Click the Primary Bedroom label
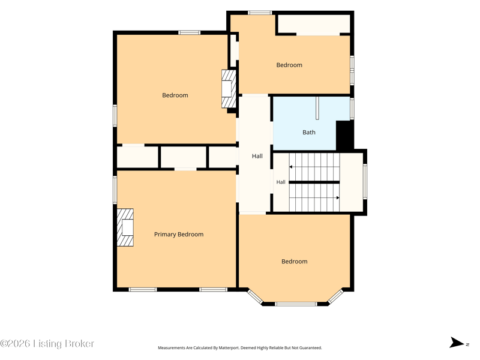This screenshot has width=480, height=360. click(x=179, y=235)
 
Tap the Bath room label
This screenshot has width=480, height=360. click(x=309, y=132)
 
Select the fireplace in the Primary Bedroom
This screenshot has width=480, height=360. click(x=125, y=227)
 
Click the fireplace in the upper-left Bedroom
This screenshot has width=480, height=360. click(x=229, y=89)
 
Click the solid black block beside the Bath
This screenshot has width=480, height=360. click(x=344, y=136)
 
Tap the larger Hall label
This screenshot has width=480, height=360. click(x=257, y=156)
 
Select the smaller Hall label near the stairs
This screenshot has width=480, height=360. click(x=281, y=182)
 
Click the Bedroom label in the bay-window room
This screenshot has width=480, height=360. click(x=295, y=262)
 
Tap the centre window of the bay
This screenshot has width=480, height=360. click(x=296, y=304)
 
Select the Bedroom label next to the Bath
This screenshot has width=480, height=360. click(x=289, y=65)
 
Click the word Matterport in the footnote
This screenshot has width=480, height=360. click(x=229, y=348)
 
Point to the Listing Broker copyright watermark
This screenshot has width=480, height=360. click(x=47, y=343)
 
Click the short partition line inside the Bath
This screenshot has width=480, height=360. click(x=317, y=108)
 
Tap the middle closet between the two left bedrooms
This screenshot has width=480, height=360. click(x=184, y=157)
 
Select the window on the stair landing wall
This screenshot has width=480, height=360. click(x=365, y=182)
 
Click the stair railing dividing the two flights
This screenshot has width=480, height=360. click(x=314, y=182)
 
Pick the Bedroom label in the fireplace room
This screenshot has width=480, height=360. click(x=175, y=95)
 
